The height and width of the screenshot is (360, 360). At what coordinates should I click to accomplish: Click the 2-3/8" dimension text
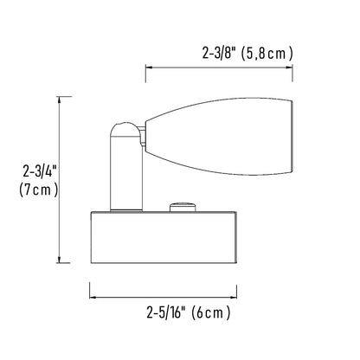[217, 54]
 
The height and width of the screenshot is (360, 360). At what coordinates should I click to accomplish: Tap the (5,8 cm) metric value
[266, 54]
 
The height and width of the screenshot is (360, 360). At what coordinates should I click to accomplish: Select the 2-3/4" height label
[39, 172]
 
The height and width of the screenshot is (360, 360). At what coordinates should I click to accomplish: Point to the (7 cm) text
[39, 190]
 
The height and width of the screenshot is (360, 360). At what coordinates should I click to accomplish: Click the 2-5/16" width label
[165, 312]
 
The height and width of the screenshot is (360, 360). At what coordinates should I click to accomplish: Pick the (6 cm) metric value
[211, 312]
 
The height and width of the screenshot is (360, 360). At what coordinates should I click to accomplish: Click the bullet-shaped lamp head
[219, 136]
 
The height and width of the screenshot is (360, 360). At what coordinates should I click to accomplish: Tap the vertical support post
[126, 173]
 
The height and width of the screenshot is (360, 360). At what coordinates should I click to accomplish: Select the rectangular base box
[164, 237]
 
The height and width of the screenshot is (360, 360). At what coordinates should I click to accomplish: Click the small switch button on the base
[183, 208]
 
